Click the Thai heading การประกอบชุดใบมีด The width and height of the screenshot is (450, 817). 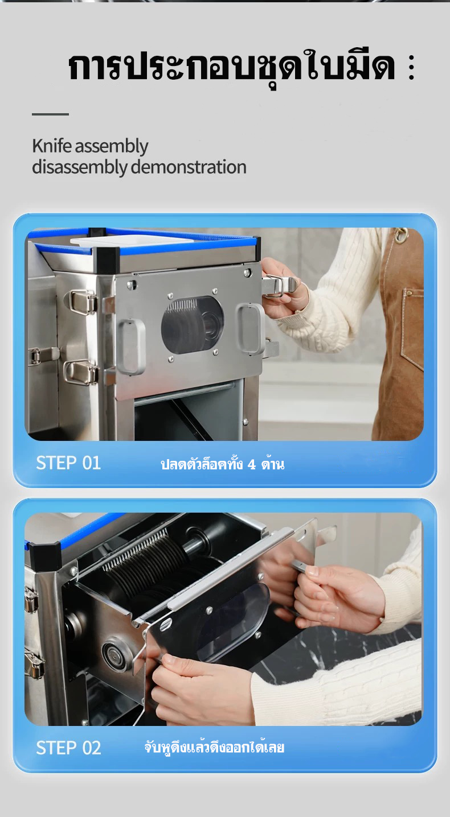coord(232,67)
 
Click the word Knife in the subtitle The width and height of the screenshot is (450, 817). coord(51,146)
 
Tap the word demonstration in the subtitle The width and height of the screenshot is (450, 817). coord(189,167)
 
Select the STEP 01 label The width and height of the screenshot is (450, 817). coord(68,463)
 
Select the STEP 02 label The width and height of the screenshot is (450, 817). coord(68,748)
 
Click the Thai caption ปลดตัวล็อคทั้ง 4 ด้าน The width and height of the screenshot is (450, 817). coord(222,464)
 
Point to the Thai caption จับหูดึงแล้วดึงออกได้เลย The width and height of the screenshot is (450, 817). coord(214,748)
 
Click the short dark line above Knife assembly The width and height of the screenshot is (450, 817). coord(50,114)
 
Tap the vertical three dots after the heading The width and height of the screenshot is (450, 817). coord(411,67)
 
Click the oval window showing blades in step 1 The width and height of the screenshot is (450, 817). coord(193,325)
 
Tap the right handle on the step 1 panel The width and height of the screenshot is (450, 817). coord(251,328)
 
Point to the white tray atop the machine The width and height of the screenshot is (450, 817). coord(132,240)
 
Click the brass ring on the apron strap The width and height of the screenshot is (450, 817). coord(401,235)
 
